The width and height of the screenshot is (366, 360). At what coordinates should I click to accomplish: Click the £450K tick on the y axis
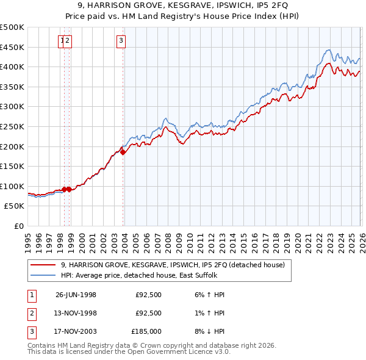coord(12,47)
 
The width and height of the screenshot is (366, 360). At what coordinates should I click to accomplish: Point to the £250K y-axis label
coord(12,126)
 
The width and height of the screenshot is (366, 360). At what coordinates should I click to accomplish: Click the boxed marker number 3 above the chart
coord(121,41)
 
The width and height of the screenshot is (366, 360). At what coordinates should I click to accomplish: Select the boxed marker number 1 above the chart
coord(62,41)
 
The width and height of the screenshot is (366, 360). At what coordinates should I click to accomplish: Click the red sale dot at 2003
coord(123,153)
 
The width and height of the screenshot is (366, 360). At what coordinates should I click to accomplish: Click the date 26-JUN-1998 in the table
coord(76,295)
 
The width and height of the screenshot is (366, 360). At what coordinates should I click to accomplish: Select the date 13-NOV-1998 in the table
coord(76,313)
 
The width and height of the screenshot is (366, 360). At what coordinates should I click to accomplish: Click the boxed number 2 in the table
coord(30,313)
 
